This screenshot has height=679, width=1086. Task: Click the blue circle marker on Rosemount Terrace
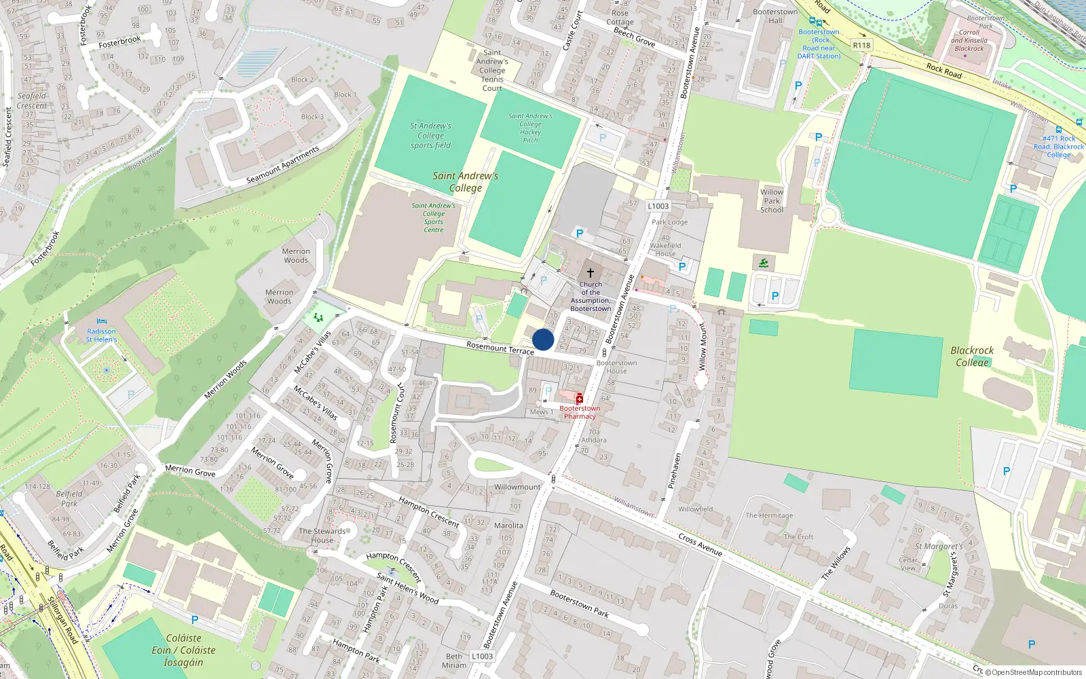click(543, 339)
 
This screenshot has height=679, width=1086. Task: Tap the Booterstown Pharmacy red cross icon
click(579, 399)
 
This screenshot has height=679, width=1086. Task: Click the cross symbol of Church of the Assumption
click(591, 273)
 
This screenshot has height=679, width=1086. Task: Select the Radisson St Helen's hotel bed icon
click(101, 321)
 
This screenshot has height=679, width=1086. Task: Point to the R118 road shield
click(861, 45)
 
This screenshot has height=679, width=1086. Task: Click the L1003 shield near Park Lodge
click(658, 206)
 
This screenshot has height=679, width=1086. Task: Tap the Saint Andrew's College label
click(466, 182)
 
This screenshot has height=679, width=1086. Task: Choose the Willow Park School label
click(772, 201)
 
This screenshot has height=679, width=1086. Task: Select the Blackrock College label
click(972, 356)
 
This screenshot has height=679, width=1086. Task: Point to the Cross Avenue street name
click(700, 545)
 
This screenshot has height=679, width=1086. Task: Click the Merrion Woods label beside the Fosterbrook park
click(296, 255)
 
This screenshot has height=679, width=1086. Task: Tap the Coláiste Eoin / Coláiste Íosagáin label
click(183, 650)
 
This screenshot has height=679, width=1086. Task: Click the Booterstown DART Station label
click(819, 44)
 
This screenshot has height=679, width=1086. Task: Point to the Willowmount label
click(517, 487)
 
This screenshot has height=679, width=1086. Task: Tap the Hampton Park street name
click(356, 649)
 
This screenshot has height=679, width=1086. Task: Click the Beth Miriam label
click(454, 661)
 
